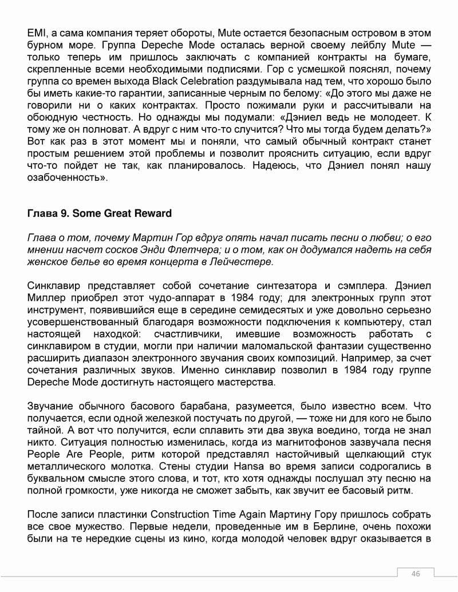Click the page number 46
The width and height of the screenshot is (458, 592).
pos(416,574)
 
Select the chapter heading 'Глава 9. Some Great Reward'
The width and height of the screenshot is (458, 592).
pos(99,213)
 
